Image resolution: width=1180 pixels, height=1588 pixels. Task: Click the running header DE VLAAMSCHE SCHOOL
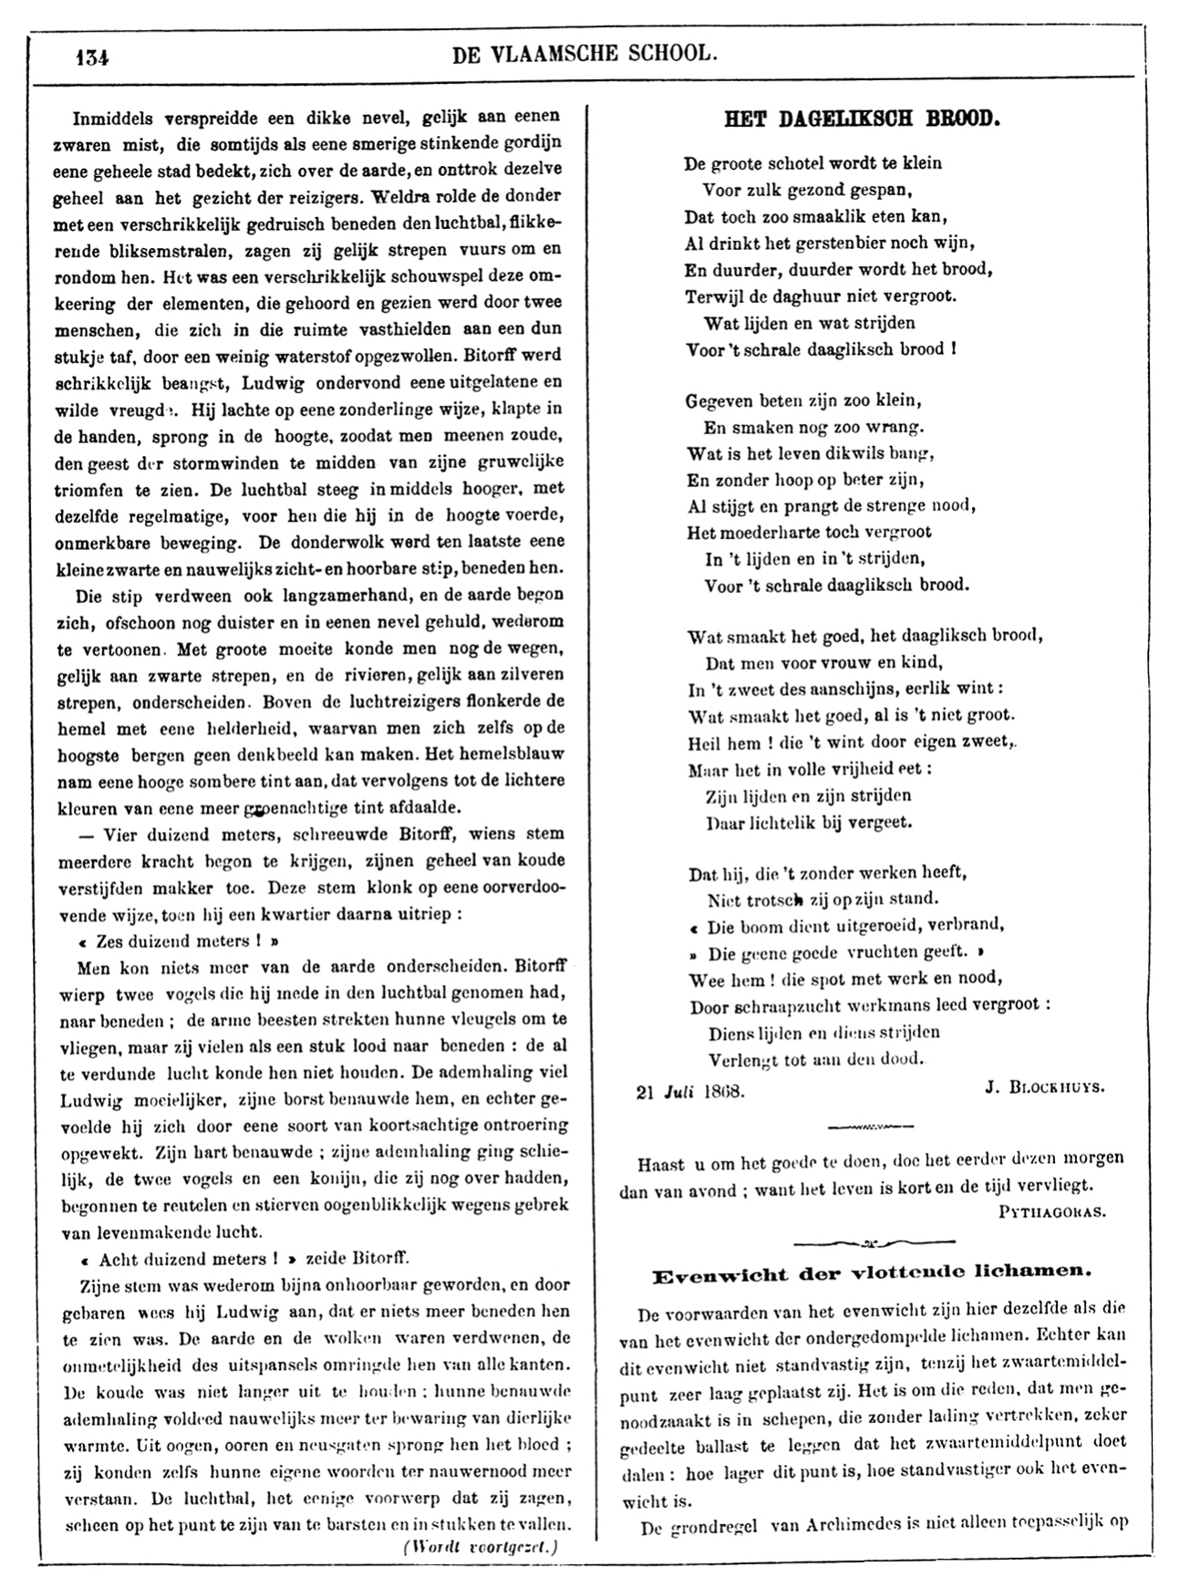585,54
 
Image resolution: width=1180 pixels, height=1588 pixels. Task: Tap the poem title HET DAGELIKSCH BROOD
862,119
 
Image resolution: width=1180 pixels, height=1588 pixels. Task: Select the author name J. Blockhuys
1044,1087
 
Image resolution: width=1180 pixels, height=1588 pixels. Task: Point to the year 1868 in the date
722,1089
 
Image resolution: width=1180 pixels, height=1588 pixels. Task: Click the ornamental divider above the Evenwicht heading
874,1241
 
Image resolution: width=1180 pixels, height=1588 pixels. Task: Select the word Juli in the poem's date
678,1089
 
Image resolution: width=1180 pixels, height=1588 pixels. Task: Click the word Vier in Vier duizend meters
119,834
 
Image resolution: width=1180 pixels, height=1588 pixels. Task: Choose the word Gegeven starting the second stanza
723,400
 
